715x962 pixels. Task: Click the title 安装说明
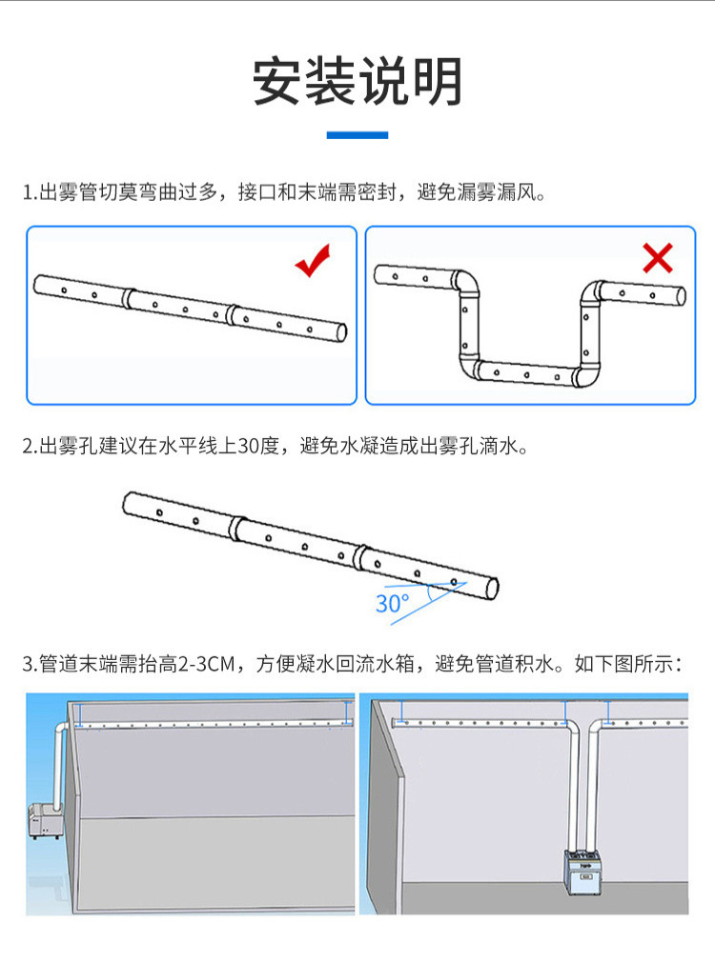(x=357, y=81)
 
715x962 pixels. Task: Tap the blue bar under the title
(x=357, y=135)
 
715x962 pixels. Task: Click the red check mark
(x=313, y=260)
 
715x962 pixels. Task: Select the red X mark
(x=657, y=258)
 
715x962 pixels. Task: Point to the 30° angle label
(x=392, y=604)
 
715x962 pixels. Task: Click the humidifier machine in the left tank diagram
(x=44, y=820)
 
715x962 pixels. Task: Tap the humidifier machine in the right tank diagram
(x=582, y=872)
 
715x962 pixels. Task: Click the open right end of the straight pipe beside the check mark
(x=341, y=332)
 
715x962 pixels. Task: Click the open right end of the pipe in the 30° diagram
(x=492, y=589)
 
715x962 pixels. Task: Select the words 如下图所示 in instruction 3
(x=623, y=664)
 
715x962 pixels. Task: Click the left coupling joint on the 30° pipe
(x=235, y=529)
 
